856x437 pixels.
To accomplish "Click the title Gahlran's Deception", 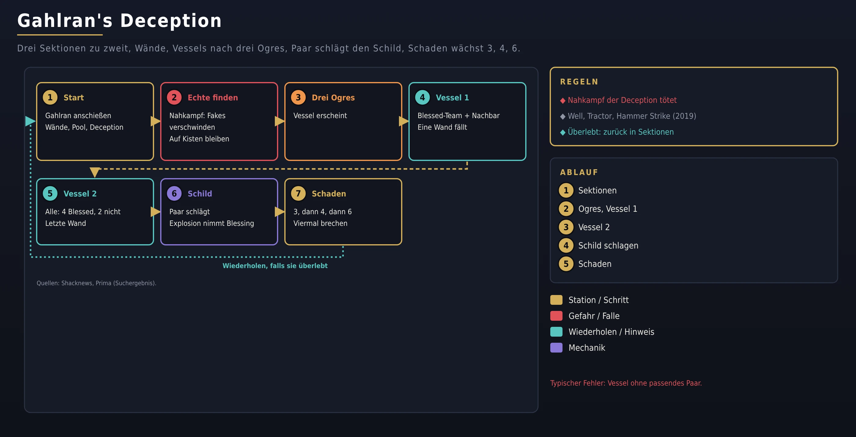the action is [x=119, y=21].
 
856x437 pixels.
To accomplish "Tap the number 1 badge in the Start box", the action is [x=50, y=97].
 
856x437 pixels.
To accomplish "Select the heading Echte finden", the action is [x=213, y=97].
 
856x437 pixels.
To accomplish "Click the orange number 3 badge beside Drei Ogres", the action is [x=298, y=97].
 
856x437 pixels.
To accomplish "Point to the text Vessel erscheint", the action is [x=320, y=115].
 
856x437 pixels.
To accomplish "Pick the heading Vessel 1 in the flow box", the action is [x=452, y=97].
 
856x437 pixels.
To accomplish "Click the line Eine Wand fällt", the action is [x=442, y=127].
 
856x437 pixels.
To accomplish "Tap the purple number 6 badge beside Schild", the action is [x=174, y=193].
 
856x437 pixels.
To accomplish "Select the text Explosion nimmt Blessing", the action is [x=211, y=223].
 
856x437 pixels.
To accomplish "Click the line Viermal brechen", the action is [x=320, y=223].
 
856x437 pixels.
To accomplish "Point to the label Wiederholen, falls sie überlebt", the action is [x=275, y=266].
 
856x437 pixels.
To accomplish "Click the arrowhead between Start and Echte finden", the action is [x=156, y=121].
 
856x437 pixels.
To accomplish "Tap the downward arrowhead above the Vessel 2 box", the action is [x=95, y=172].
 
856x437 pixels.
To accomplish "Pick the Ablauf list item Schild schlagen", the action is [x=608, y=245].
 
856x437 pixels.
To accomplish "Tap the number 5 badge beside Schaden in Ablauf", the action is [x=566, y=264].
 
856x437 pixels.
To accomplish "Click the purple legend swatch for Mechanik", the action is [x=556, y=348].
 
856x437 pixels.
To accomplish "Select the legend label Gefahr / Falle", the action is [x=594, y=316].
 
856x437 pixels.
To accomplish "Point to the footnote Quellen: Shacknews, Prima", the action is [x=96, y=283].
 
